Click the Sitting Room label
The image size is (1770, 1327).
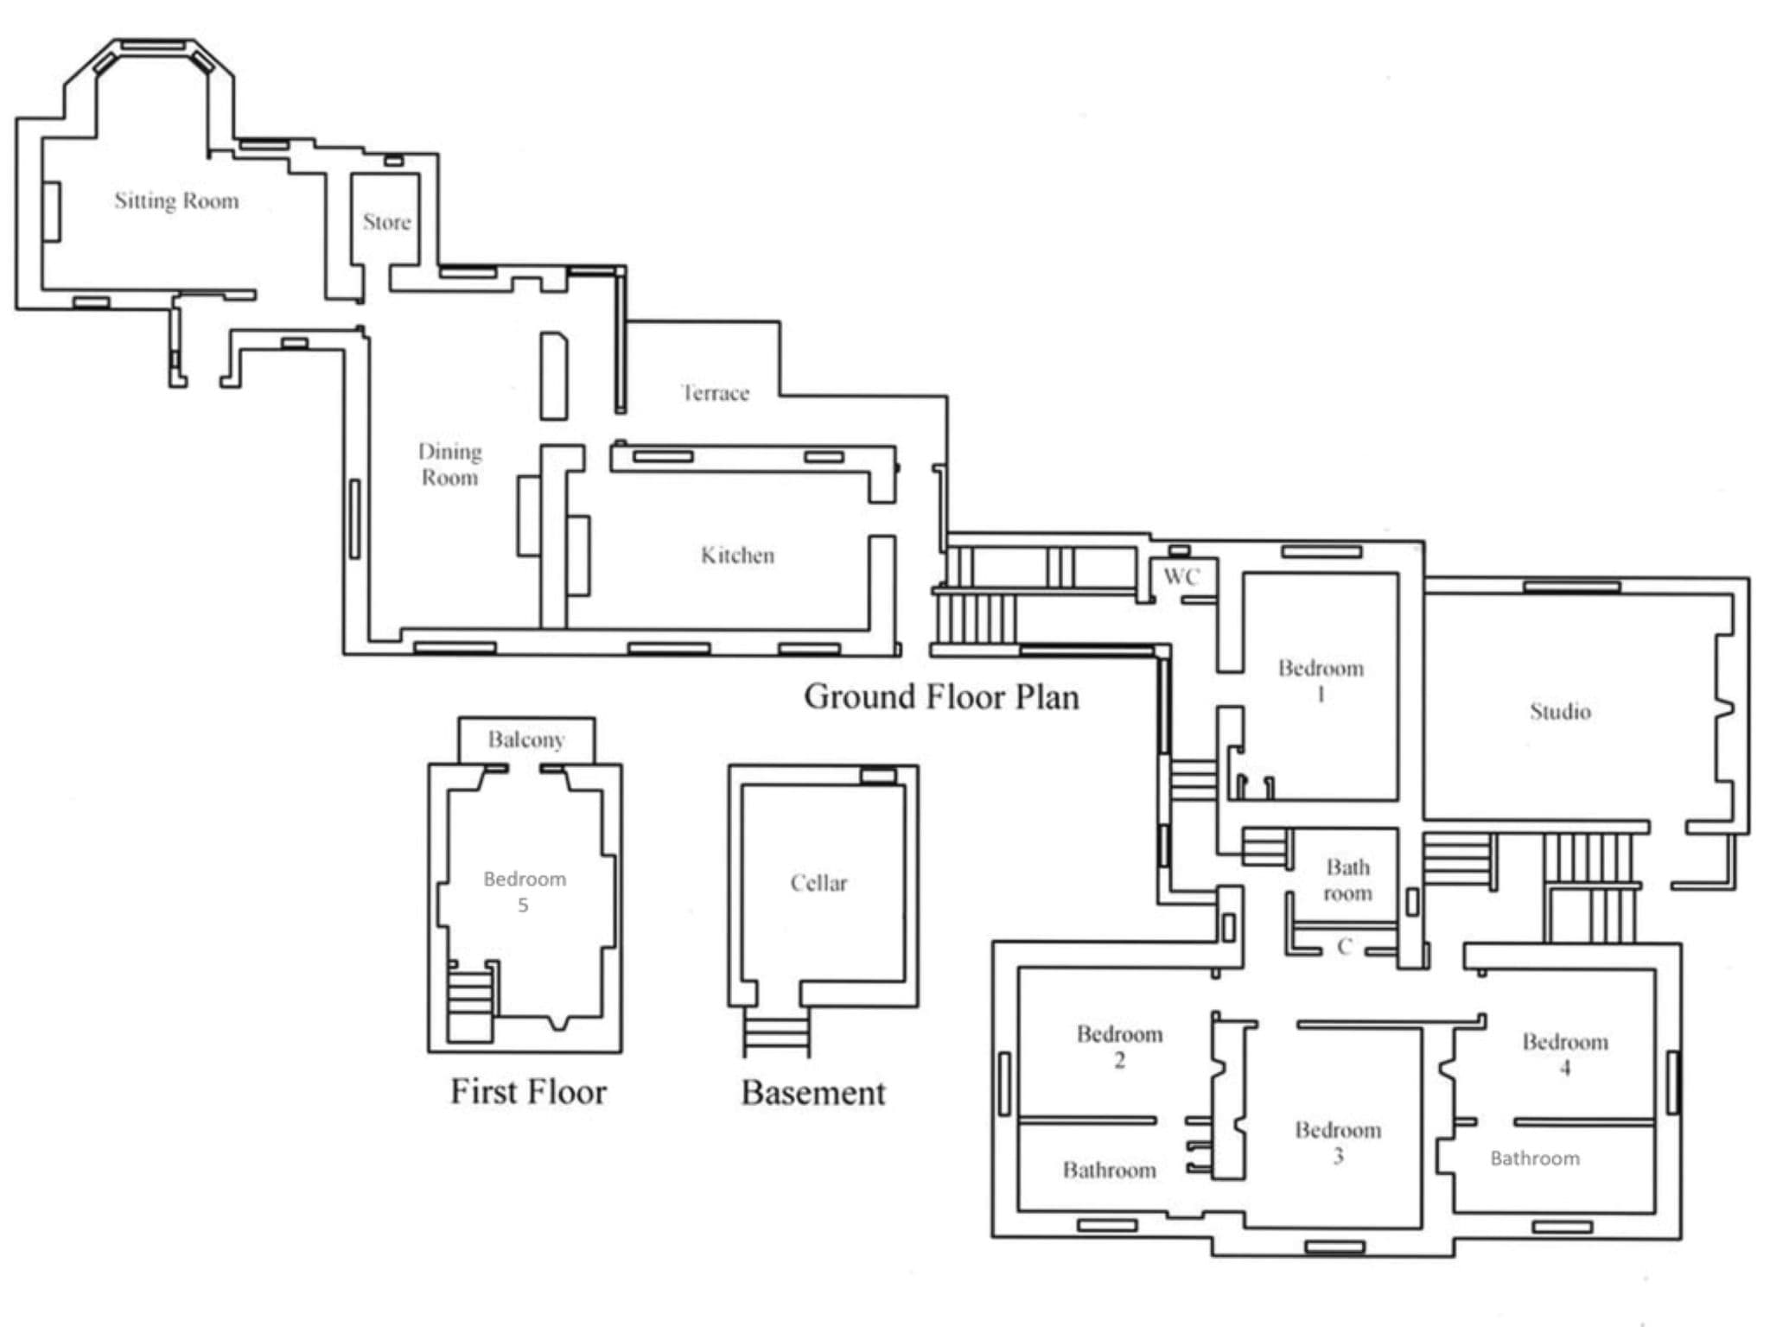click(x=176, y=201)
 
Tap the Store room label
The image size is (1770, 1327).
click(x=386, y=222)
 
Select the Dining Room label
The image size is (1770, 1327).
click(x=449, y=465)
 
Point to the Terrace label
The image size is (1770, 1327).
click(x=715, y=393)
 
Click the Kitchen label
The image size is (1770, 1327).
click(x=737, y=555)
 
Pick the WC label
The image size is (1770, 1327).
click(x=1181, y=576)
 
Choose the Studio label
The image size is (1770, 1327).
click(x=1560, y=711)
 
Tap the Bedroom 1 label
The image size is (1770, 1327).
click(x=1321, y=681)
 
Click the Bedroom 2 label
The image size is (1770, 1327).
click(x=1119, y=1047)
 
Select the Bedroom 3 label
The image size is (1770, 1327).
click(x=1338, y=1143)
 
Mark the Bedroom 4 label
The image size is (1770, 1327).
click(x=1565, y=1054)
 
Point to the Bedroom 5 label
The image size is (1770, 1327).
click(x=525, y=892)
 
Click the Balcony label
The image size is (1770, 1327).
click(x=526, y=740)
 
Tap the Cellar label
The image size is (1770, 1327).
click(x=818, y=883)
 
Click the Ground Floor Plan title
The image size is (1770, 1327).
click(x=941, y=696)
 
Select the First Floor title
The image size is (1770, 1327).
click(x=528, y=1091)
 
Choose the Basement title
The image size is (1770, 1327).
click(x=813, y=1093)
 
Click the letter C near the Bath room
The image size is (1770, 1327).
click(x=1344, y=947)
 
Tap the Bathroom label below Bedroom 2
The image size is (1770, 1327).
click(x=1109, y=1170)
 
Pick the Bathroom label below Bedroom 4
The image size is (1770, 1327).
click(x=1535, y=1159)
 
